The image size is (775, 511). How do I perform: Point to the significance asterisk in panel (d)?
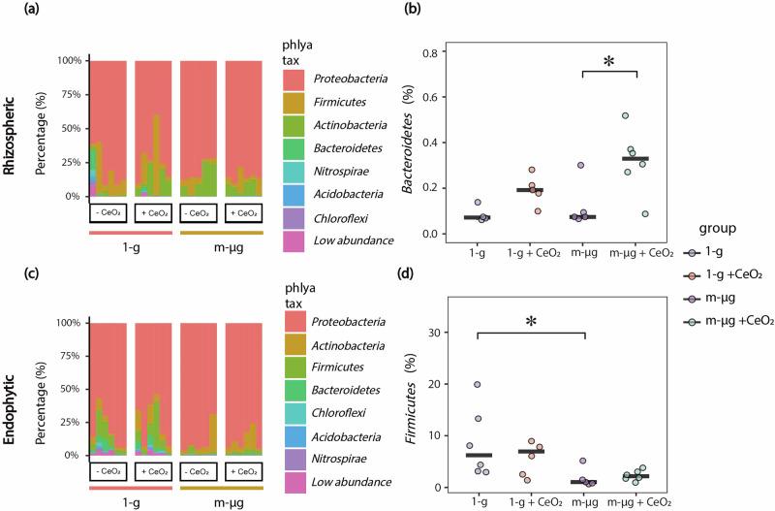[532, 321]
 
